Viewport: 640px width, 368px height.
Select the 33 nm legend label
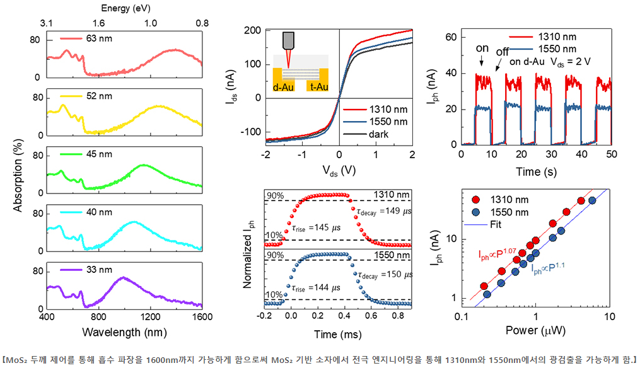point(98,269)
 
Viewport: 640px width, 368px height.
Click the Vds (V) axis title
point(339,171)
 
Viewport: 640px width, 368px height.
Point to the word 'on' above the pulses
point(482,48)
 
